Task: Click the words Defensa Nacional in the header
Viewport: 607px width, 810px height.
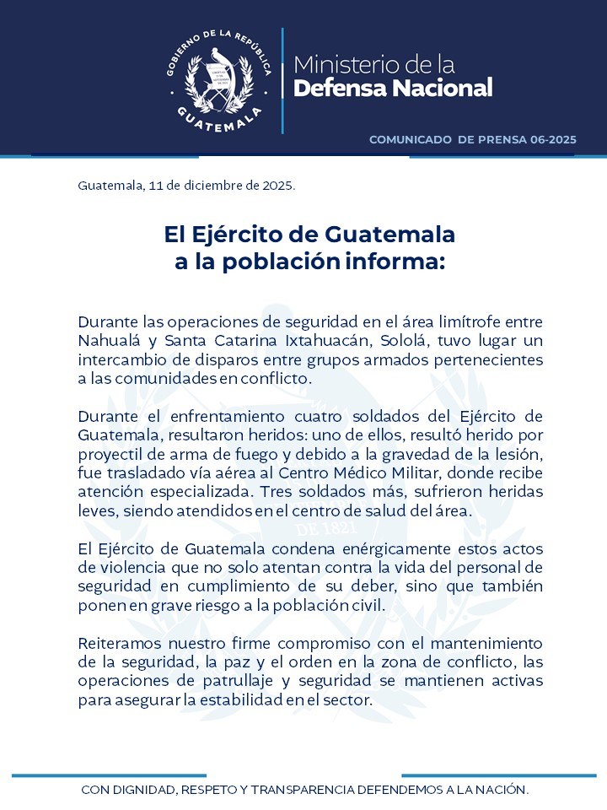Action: [x=392, y=88]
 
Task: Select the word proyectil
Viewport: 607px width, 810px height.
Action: [x=107, y=454]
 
